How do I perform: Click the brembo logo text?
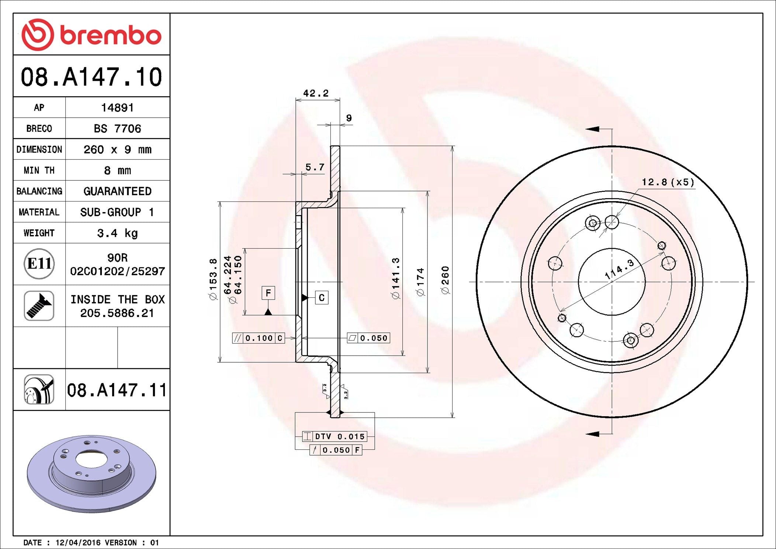[x=111, y=35]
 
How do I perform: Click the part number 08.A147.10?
[x=91, y=77]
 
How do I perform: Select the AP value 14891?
[x=117, y=108]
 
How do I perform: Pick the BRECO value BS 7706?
[x=117, y=128]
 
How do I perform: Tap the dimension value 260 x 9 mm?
[x=117, y=149]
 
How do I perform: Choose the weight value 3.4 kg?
[x=117, y=233]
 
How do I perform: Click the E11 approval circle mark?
[x=39, y=263]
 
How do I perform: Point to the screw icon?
[x=39, y=305]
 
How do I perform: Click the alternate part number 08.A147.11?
[x=117, y=390]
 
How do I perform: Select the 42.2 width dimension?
[x=316, y=93]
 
